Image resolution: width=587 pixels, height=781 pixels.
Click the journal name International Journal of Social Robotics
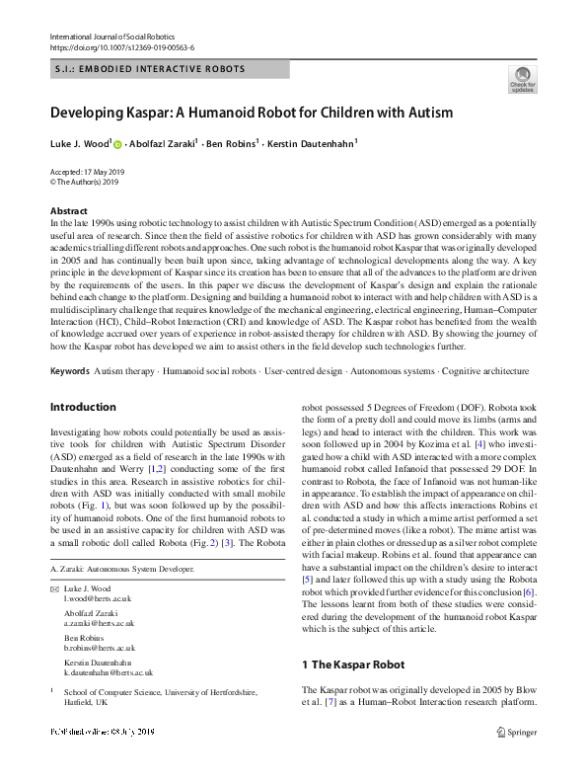click(108, 37)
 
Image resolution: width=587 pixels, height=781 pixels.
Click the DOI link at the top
click(121, 47)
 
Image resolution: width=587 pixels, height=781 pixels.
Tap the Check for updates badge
click(522, 78)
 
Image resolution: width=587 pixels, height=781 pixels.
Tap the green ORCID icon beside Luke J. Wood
click(117, 145)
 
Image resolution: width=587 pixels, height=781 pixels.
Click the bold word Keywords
click(69, 371)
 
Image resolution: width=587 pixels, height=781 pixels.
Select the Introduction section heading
click(83, 407)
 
